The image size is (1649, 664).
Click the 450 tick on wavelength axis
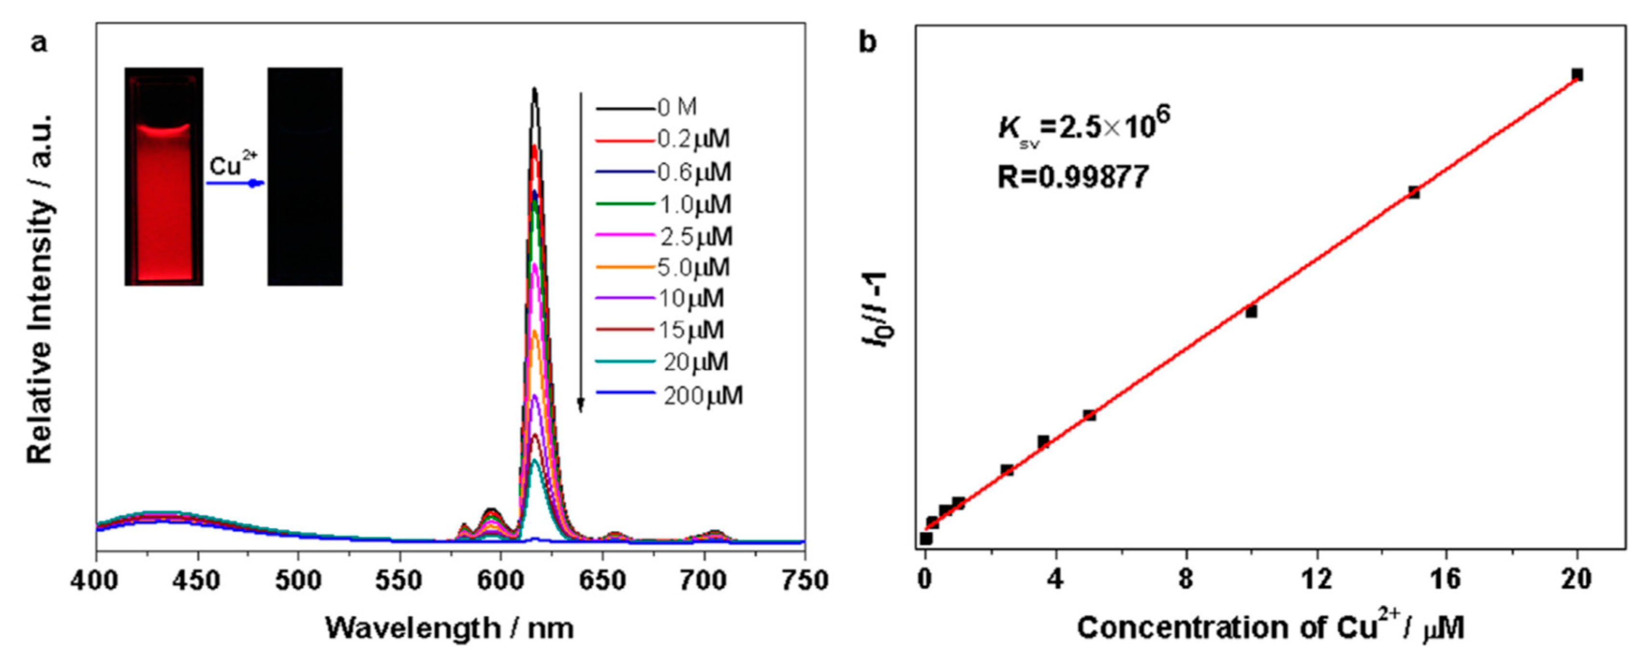coord(197,581)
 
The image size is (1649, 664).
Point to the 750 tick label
coord(804,581)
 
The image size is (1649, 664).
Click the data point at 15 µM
coord(1414,193)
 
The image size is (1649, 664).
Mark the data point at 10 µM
coord(1251,312)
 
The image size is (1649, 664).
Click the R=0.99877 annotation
coord(1073,177)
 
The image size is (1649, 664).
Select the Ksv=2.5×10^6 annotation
coord(1084,127)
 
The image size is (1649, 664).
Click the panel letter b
coord(867,43)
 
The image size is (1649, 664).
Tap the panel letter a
coord(40,43)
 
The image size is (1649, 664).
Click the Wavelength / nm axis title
coord(450,628)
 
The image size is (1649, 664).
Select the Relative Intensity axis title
coord(40,288)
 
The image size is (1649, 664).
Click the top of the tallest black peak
coord(534,90)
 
